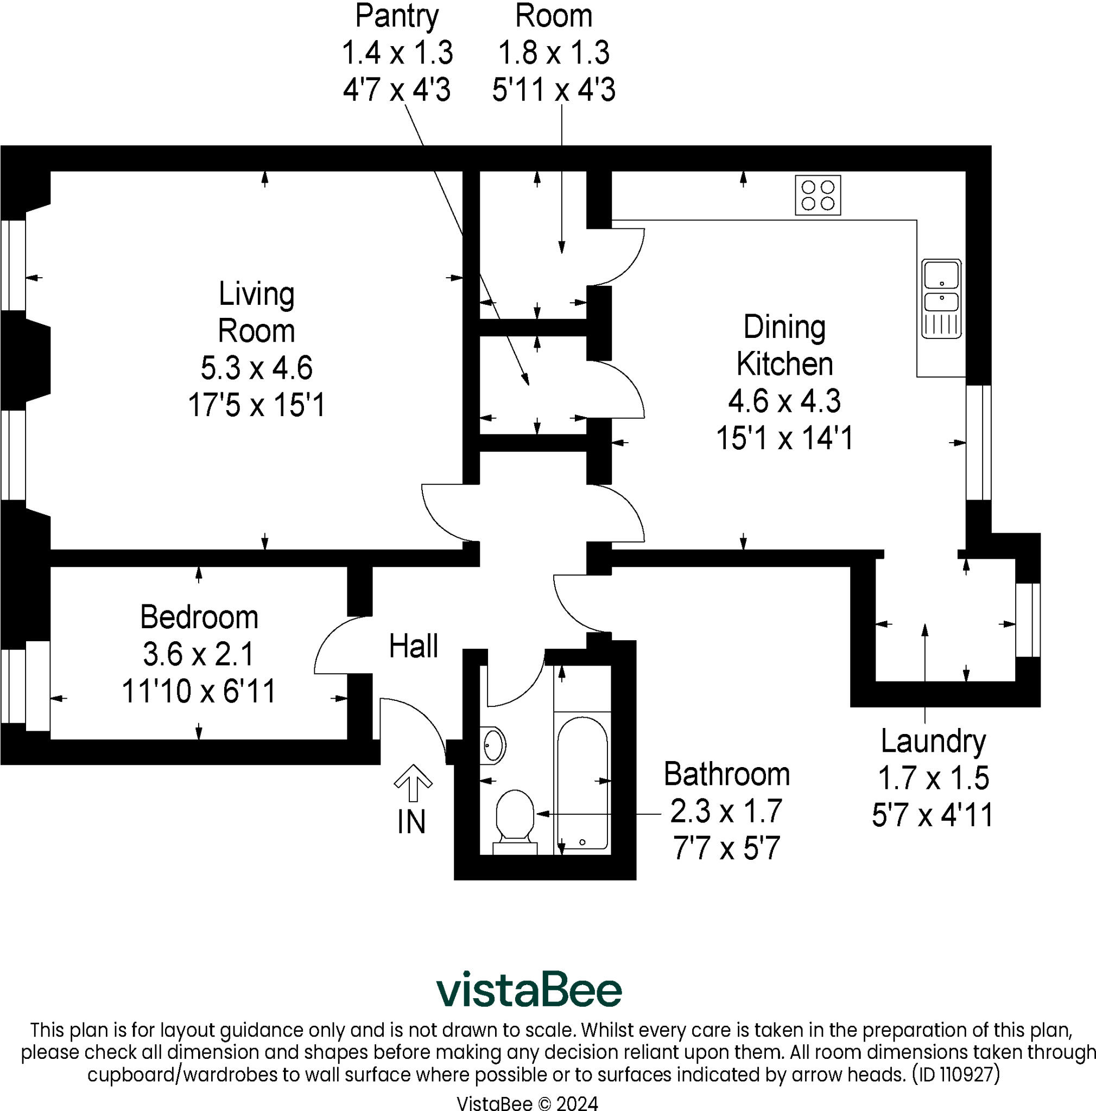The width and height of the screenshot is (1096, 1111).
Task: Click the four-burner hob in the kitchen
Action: coord(818,195)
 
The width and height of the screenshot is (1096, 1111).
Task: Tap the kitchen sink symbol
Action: coord(941,298)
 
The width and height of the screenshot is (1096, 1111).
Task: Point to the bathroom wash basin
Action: coord(493,745)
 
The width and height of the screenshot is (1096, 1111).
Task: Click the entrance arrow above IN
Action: coord(413,783)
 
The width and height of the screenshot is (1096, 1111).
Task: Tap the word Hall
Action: coord(413,646)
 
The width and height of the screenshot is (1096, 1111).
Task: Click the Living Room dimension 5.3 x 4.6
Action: coord(256,368)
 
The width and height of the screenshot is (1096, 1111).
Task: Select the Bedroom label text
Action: coord(199,617)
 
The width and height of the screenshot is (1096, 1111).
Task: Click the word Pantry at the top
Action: coord(396,16)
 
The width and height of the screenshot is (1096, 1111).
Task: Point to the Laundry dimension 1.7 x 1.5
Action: coord(933,778)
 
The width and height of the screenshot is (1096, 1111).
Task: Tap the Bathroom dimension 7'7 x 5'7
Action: coord(726,848)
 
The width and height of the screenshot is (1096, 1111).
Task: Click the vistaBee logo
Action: coord(528,989)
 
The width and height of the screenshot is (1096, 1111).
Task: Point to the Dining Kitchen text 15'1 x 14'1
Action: coord(784,438)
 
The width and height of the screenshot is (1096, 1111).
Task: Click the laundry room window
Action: coord(1028,620)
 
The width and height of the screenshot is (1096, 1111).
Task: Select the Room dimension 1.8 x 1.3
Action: coord(553,53)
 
